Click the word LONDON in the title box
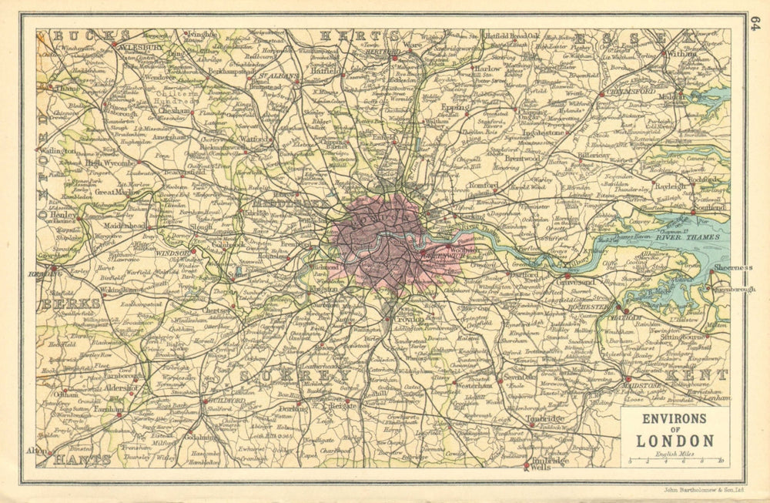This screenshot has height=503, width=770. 675,441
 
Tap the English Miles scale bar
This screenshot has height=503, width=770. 675,461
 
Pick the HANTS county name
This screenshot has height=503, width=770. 82,459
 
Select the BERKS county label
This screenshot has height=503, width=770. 70,303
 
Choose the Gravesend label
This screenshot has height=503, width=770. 586,282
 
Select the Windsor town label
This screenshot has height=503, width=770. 174,252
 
